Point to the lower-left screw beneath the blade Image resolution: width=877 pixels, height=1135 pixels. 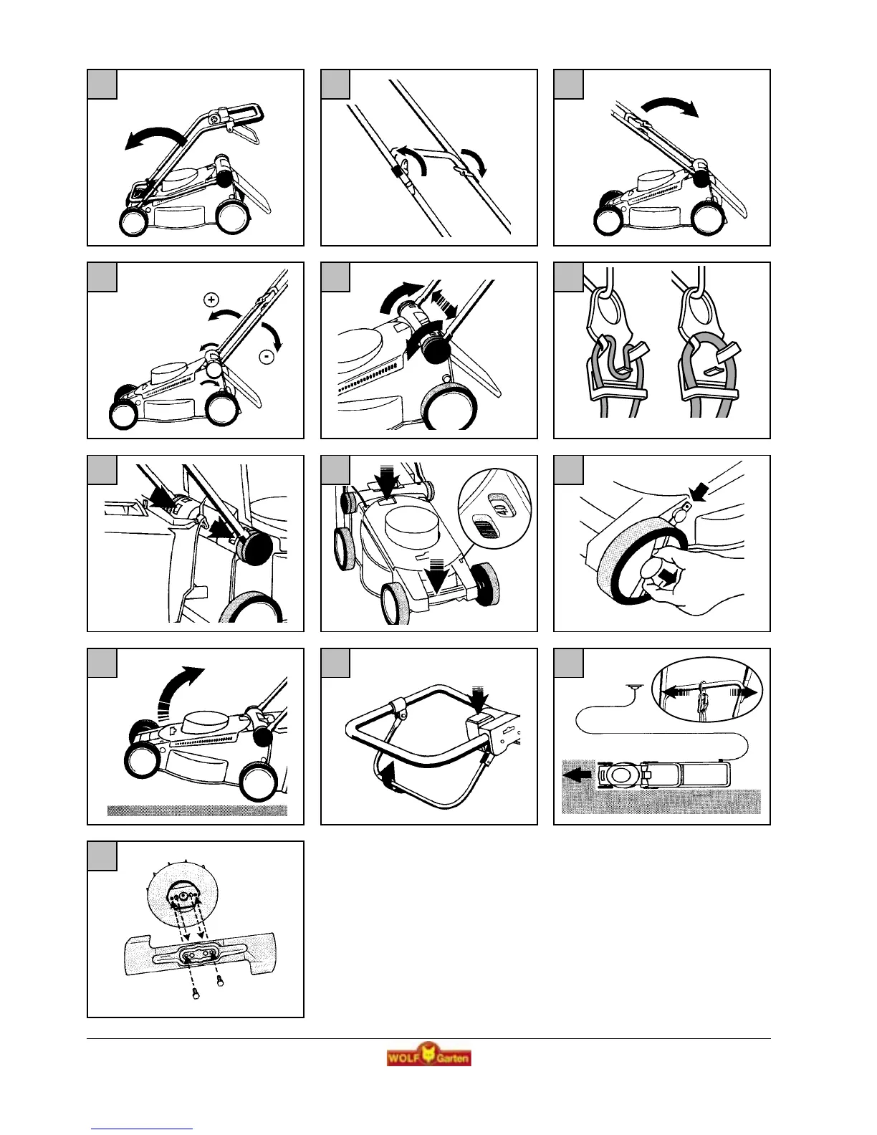(196, 993)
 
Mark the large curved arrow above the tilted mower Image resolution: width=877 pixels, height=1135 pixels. (178, 691)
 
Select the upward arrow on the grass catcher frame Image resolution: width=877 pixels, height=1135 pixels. (387, 778)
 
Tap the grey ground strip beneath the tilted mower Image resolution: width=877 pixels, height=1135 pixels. (197, 810)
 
